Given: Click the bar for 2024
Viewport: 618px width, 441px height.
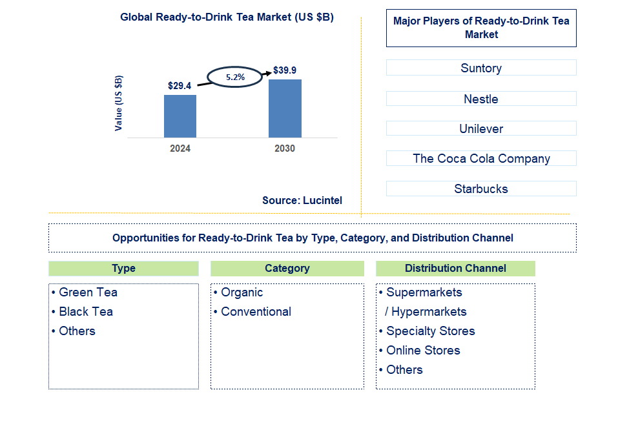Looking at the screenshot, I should tap(180, 116).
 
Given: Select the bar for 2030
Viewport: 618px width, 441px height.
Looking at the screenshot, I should tap(285, 108).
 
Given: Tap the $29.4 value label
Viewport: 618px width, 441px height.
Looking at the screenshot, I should tap(180, 85).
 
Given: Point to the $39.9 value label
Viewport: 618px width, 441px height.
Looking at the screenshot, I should tap(285, 70).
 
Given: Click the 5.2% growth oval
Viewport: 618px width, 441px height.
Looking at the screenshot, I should tap(235, 77).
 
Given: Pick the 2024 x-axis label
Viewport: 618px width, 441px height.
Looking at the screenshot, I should tap(180, 149).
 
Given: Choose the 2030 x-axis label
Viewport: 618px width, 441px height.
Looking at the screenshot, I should tap(285, 149).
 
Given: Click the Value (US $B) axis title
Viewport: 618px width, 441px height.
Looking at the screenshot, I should tap(118, 103).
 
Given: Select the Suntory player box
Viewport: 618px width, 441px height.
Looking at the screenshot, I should tap(481, 68).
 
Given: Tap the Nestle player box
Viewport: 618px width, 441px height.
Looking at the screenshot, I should tap(481, 99).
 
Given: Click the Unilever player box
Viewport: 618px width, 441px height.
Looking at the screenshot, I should tap(481, 128).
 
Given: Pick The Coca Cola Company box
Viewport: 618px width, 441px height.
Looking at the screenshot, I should tap(481, 158).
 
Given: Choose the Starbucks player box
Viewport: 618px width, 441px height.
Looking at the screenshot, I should tap(481, 189).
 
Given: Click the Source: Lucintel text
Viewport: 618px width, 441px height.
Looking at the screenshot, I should tap(302, 201).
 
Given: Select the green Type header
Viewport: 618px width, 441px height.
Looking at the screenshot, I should tap(123, 269).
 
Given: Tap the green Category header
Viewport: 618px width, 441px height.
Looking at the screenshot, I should tap(287, 269).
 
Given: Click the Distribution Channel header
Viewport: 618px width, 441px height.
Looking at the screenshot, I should tap(455, 269).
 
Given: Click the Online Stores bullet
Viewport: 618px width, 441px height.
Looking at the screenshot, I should tap(423, 351).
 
